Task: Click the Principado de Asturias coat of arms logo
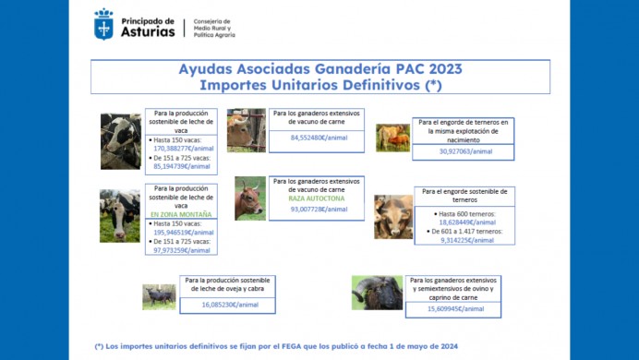103,24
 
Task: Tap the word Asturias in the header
148,30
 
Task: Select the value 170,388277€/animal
183,147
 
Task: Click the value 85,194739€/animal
183,166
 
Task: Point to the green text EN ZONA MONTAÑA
181,214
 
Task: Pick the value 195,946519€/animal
183,233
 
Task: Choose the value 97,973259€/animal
183,250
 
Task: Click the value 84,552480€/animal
319,138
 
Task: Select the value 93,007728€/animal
319,210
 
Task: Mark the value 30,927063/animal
466,150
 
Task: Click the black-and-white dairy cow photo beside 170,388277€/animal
121,141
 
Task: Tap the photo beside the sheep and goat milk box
159,296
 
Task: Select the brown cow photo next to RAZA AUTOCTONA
249,198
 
